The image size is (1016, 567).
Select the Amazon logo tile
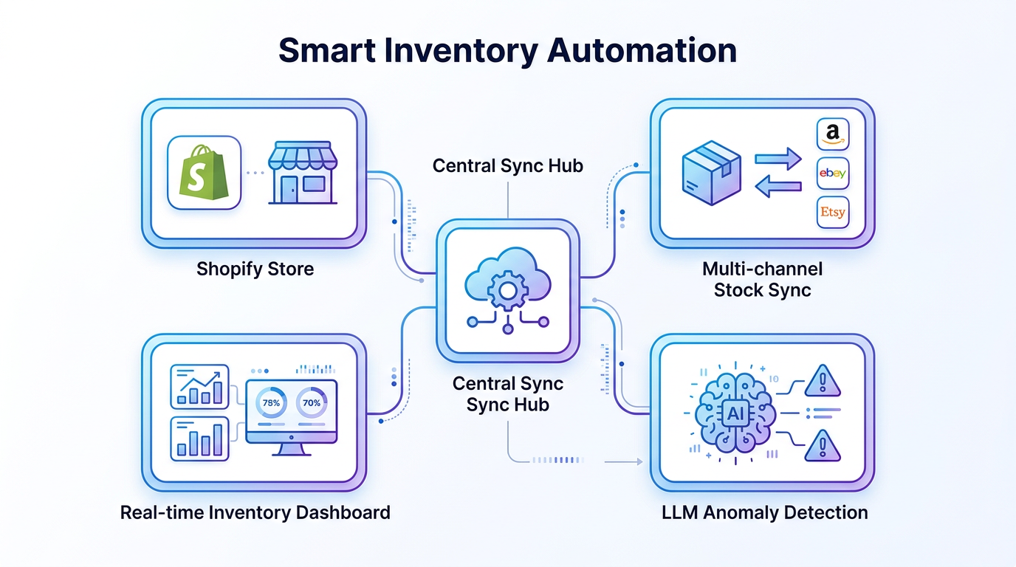tap(832, 134)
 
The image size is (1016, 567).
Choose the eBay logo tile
tap(832, 173)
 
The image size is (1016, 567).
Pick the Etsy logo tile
tap(832, 213)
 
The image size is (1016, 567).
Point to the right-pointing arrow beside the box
tap(778, 158)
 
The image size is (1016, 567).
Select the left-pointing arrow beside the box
tap(778, 188)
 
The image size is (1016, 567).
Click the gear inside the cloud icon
tap(507, 290)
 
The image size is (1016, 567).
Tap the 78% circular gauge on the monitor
tap(271, 403)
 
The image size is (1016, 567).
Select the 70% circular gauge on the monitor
tap(312, 403)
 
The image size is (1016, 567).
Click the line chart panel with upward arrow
tap(199, 387)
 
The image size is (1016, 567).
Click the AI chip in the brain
tap(736, 414)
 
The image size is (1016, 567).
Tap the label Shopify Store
tap(255, 269)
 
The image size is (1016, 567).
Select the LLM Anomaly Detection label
tap(764, 512)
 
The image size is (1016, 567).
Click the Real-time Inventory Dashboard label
tap(255, 512)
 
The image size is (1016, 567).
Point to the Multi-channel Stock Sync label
tap(762, 279)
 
